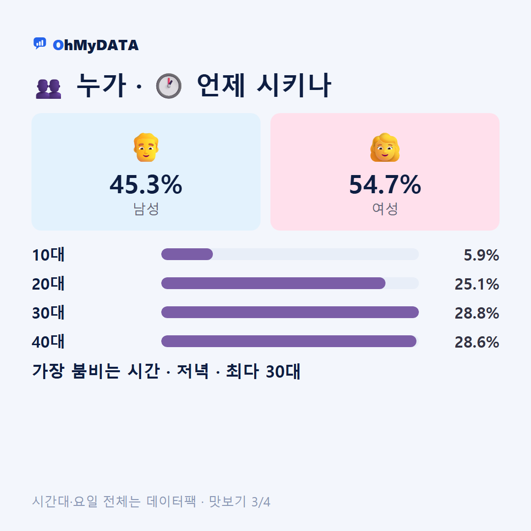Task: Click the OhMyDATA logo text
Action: [95, 45]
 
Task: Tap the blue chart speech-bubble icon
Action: [40, 43]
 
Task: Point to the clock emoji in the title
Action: [169, 86]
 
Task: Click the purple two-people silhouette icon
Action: [48, 88]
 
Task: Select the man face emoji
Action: [146, 147]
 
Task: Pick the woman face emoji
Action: [384, 147]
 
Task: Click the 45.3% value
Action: [146, 184]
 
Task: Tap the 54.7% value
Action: [385, 184]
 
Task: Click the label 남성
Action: [146, 208]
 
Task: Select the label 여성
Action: [385, 208]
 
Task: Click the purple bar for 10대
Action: [187, 254]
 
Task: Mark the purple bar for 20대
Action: [273, 283]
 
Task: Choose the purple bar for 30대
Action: [290, 312]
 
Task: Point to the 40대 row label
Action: [48, 342]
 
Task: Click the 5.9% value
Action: [481, 255]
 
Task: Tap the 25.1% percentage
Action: [477, 284]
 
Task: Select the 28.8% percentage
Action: [477, 313]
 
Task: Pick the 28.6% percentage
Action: [477, 342]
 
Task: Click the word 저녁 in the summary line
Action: [193, 371]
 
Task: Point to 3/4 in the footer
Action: [261, 502]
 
